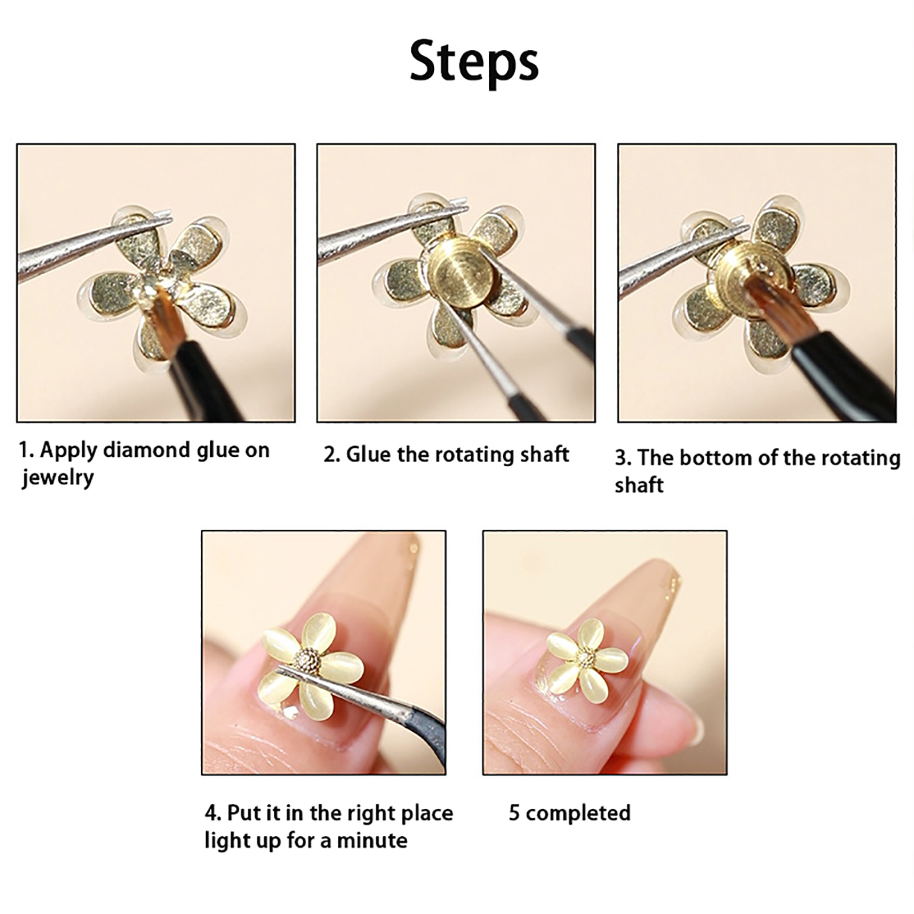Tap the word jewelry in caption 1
pyautogui.click(x=58, y=478)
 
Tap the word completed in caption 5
pyautogui.click(x=578, y=813)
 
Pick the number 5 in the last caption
pyautogui.click(x=514, y=813)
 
